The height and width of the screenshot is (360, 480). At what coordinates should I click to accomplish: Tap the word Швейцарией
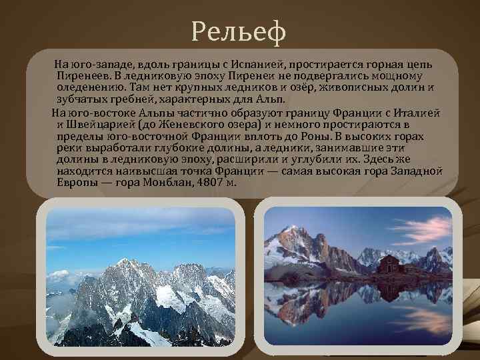click(x=99, y=124)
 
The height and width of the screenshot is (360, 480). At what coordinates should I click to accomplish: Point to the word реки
click(x=69, y=148)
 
